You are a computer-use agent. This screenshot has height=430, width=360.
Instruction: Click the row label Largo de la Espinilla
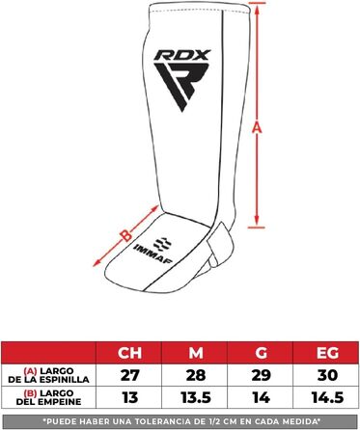tap(49, 374)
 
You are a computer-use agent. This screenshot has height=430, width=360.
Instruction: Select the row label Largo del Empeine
tap(49, 397)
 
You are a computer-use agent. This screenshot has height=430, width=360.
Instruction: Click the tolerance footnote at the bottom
tap(180, 419)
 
